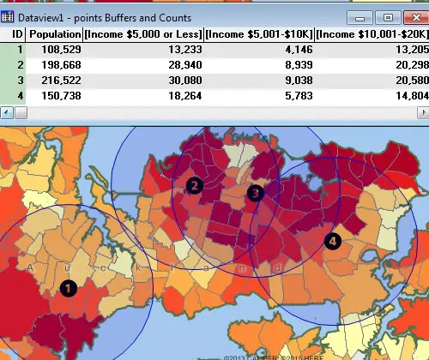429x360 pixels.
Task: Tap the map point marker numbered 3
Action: (x=255, y=194)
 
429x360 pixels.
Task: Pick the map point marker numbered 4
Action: (x=332, y=241)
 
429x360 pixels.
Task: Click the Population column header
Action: (x=54, y=33)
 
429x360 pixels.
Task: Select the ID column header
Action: (x=16, y=33)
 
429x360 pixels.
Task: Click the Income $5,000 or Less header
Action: (x=143, y=33)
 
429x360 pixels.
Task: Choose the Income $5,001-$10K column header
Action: (x=258, y=33)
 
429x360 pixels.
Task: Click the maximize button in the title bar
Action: (x=388, y=16)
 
